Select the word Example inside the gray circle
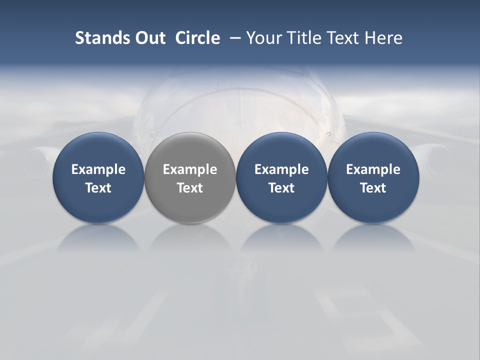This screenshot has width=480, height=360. [190, 169]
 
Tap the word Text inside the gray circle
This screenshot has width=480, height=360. [190, 188]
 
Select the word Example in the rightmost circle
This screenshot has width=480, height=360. [373, 169]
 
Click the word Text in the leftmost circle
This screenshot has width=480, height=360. [98, 188]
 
